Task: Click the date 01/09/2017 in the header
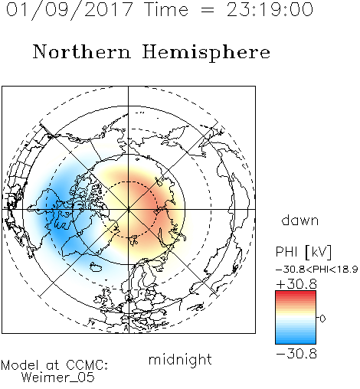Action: tap(70, 10)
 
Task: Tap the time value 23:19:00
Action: tap(270, 9)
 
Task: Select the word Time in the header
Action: tap(166, 9)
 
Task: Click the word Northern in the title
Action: tap(82, 51)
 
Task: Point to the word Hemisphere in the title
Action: tap(206, 53)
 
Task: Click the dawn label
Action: tap(300, 220)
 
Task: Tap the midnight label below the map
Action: tap(180, 359)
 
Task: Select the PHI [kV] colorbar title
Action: tap(303, 252)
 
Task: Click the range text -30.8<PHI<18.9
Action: tap(317, 270)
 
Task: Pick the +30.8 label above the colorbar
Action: tap(296, 284)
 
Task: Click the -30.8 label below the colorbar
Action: tap(296, 354)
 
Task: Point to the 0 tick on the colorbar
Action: tap(322, 319)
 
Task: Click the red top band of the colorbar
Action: tap(296, 295)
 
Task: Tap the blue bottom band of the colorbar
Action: tap(296, 339)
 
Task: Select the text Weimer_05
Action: tap(58, 378)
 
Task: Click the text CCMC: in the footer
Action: tap(87, 365)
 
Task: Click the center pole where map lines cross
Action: tap(129, 209)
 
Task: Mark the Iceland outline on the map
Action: tap(96, 267)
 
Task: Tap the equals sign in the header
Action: tap(208, 10)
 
